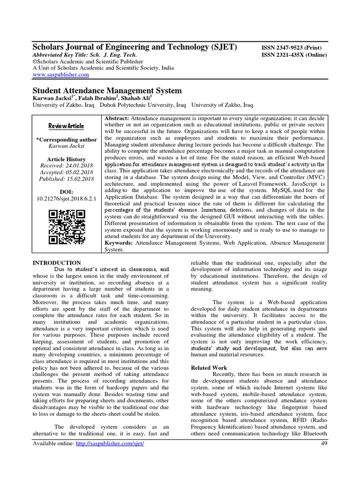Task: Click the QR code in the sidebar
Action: point(67,227)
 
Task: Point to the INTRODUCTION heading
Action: point(56,263)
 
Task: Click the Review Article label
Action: point(67,126)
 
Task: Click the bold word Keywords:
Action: point(119,243)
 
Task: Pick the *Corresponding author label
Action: point(67,140)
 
